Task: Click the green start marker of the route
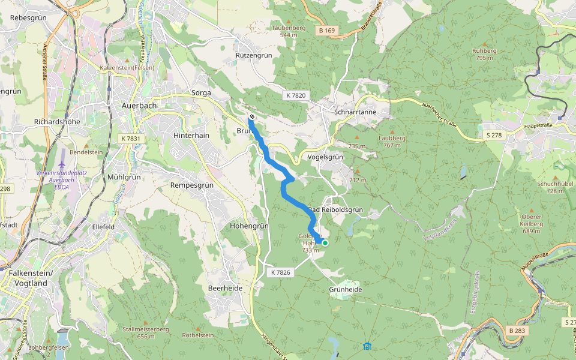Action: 325,243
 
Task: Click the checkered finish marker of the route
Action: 251,116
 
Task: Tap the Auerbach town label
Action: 139,105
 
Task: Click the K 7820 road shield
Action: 295,95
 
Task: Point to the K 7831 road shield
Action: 130,139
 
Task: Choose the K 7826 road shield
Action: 280,272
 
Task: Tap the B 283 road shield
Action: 516,331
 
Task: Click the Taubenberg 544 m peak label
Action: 289,31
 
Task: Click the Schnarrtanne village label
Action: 355,112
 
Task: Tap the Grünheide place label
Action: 346,289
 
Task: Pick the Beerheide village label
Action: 226,288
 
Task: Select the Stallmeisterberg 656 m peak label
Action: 146,332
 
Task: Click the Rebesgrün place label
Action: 29,18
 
